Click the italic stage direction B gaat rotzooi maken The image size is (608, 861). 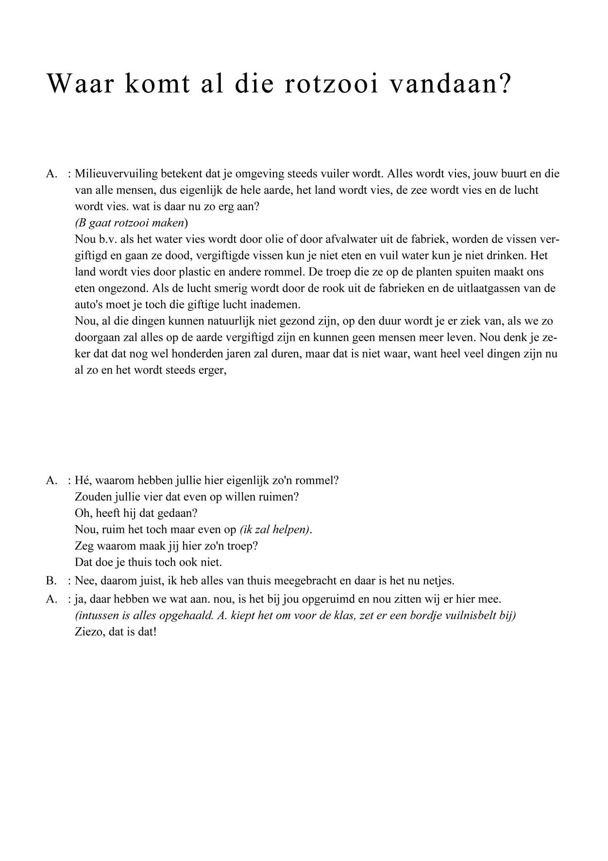pos(131,223)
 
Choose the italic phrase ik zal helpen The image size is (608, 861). pos(275,529)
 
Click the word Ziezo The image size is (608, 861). pos(89,633)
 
